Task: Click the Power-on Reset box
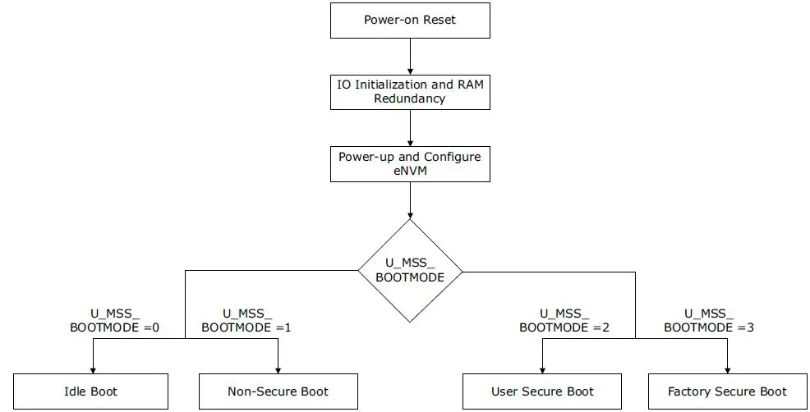410,20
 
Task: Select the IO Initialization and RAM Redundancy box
410,90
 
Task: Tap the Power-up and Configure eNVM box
410,163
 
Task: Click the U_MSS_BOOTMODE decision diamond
410,270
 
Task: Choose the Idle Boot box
90,391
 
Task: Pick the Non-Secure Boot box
278,391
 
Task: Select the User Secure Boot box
542,391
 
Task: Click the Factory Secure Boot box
727,391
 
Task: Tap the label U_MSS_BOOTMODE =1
246,320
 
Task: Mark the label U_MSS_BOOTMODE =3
708,320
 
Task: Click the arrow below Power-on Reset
410,56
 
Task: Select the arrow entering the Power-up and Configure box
410,127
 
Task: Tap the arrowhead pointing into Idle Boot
92,369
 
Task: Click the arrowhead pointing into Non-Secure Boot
278,369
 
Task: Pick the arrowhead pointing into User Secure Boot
542,369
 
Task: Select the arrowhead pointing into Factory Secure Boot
727,369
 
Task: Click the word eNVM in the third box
410,171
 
